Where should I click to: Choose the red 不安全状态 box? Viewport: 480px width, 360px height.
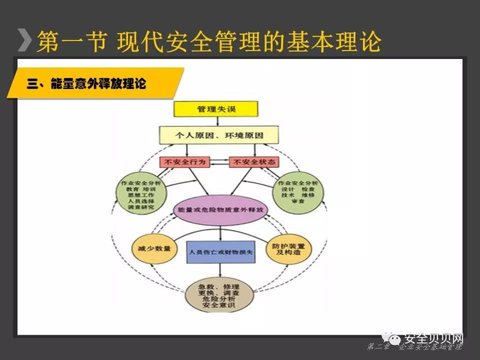(251, 163)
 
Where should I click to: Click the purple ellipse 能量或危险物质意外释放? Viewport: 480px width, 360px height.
(215, 208)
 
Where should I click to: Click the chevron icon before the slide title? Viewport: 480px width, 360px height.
(25, 41)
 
